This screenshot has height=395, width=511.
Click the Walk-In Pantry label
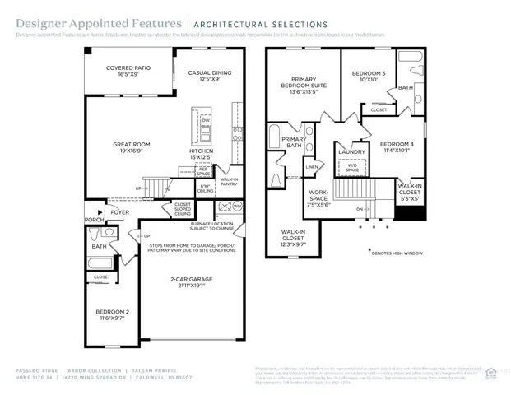[x=229, y=181]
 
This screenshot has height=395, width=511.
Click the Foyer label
[x=121, y=212]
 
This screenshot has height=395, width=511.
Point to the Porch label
[x=95, y=219]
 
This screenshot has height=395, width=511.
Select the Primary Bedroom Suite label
[x=304, y=83]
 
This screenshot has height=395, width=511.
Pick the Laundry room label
[x=351, y=151]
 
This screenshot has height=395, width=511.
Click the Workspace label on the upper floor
[x=318, y=198]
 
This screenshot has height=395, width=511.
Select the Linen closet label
[x=311, y=167]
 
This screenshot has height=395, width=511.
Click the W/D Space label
[x=351, y=168]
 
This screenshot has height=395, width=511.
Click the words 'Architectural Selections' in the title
[x=269, y=25]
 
